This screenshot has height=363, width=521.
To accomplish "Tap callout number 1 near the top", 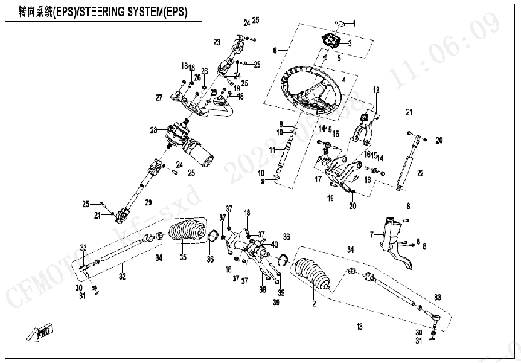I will pyautogui.click(x=354, y=25).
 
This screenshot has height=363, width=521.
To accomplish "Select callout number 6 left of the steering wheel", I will pyautogui.click(x=275, y=50).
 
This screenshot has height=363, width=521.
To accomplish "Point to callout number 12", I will pyautogui.click(x=376, y=89).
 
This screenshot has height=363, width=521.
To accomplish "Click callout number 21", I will pyautogui.click(x=409, y=112).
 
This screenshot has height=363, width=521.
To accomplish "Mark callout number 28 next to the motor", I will pyautogui.click(x=153, y=131).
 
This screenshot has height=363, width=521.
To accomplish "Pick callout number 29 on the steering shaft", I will pyautogui.click(x=148, y=202).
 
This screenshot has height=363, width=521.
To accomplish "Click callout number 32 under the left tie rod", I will pyautogui.click(x=123, y=277).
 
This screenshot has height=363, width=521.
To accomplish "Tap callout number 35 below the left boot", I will pyautogui.click(x=182, y=258).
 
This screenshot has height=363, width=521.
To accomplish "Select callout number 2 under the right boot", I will pyautogui.click(x=314, y=303).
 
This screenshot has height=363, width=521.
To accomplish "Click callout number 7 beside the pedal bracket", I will pyautogui.click(x=371, y=235).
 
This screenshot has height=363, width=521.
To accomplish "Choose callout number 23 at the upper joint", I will pyautogui.click(x=217, y=41).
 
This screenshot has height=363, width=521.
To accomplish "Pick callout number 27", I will pyautogui.click(x=158, y=97).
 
